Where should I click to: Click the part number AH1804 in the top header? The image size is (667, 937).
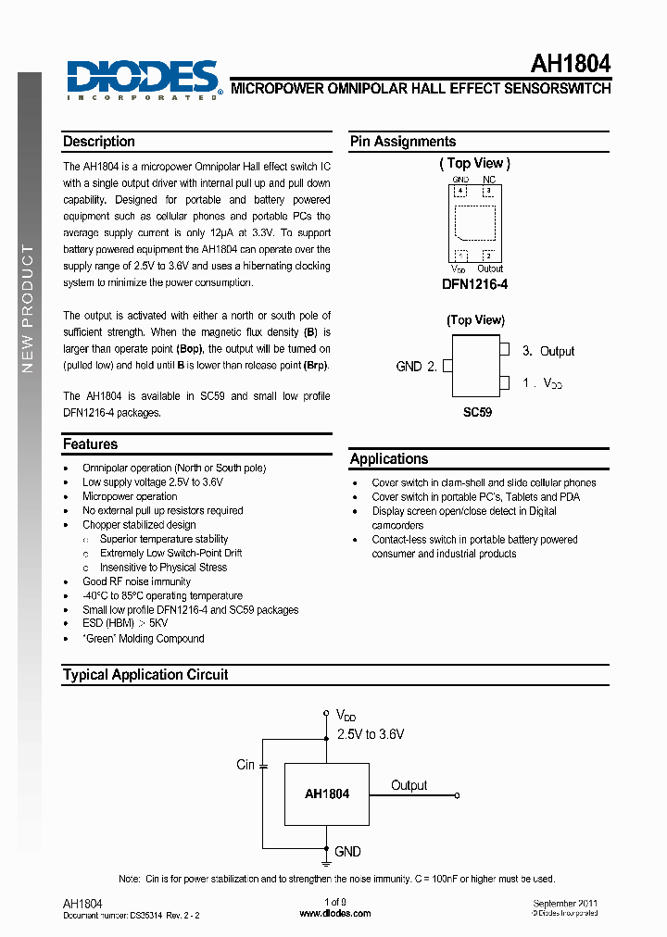click(570, 64)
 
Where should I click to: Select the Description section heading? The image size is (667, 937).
click(99, 142)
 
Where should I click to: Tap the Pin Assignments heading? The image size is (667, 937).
click(403, 142)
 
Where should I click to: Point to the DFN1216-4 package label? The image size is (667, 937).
click(474, 285)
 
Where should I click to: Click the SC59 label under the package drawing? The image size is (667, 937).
click(477, 412)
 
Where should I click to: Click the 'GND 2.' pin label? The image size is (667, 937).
click(416, 366)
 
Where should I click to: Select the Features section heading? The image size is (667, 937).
click(90, 444)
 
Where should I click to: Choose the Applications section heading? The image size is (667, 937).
click(389, 459)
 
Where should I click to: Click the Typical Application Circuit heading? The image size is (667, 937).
click(145, 675)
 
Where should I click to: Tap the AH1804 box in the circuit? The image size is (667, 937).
click(326, 793)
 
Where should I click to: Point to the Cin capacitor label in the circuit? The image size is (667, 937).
click(245, 765)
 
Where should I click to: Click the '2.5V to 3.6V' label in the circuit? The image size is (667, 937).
click(370, 733)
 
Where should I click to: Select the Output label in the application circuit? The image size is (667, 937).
click(409, 785)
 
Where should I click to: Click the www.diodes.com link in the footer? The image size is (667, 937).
click(335, 913)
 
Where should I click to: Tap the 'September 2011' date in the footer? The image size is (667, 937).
click(565, 903)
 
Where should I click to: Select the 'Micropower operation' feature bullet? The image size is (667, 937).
click(130, 496)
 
